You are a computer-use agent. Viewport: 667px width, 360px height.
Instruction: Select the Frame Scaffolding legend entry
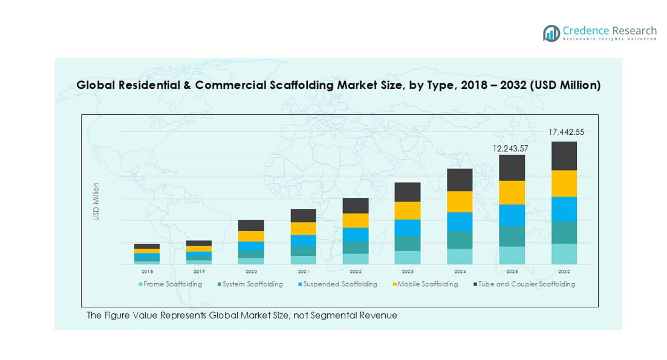coord(171,284)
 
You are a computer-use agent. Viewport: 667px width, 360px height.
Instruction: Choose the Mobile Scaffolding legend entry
coord(425,284)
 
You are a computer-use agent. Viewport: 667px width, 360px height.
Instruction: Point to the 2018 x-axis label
coord(147,272)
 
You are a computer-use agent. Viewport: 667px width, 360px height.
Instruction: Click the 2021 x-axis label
coord(304,272)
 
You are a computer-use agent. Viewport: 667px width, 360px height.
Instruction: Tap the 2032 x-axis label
coord(564,272)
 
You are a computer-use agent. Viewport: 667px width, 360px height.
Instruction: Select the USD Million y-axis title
coord(96,201)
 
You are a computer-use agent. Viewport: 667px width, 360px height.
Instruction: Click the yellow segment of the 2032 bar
coord(564,183)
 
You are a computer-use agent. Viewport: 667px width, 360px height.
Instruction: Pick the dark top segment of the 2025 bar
coord(512,168)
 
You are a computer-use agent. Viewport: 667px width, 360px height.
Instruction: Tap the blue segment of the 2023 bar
coord(408,227)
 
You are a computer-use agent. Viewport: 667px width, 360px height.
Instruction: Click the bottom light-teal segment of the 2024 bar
coord(460,257)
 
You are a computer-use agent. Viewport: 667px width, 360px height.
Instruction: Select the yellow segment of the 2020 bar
coord(251,236)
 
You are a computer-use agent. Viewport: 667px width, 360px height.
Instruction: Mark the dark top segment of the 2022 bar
coord(356,206)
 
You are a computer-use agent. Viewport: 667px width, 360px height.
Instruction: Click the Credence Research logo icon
coord(551,33)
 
